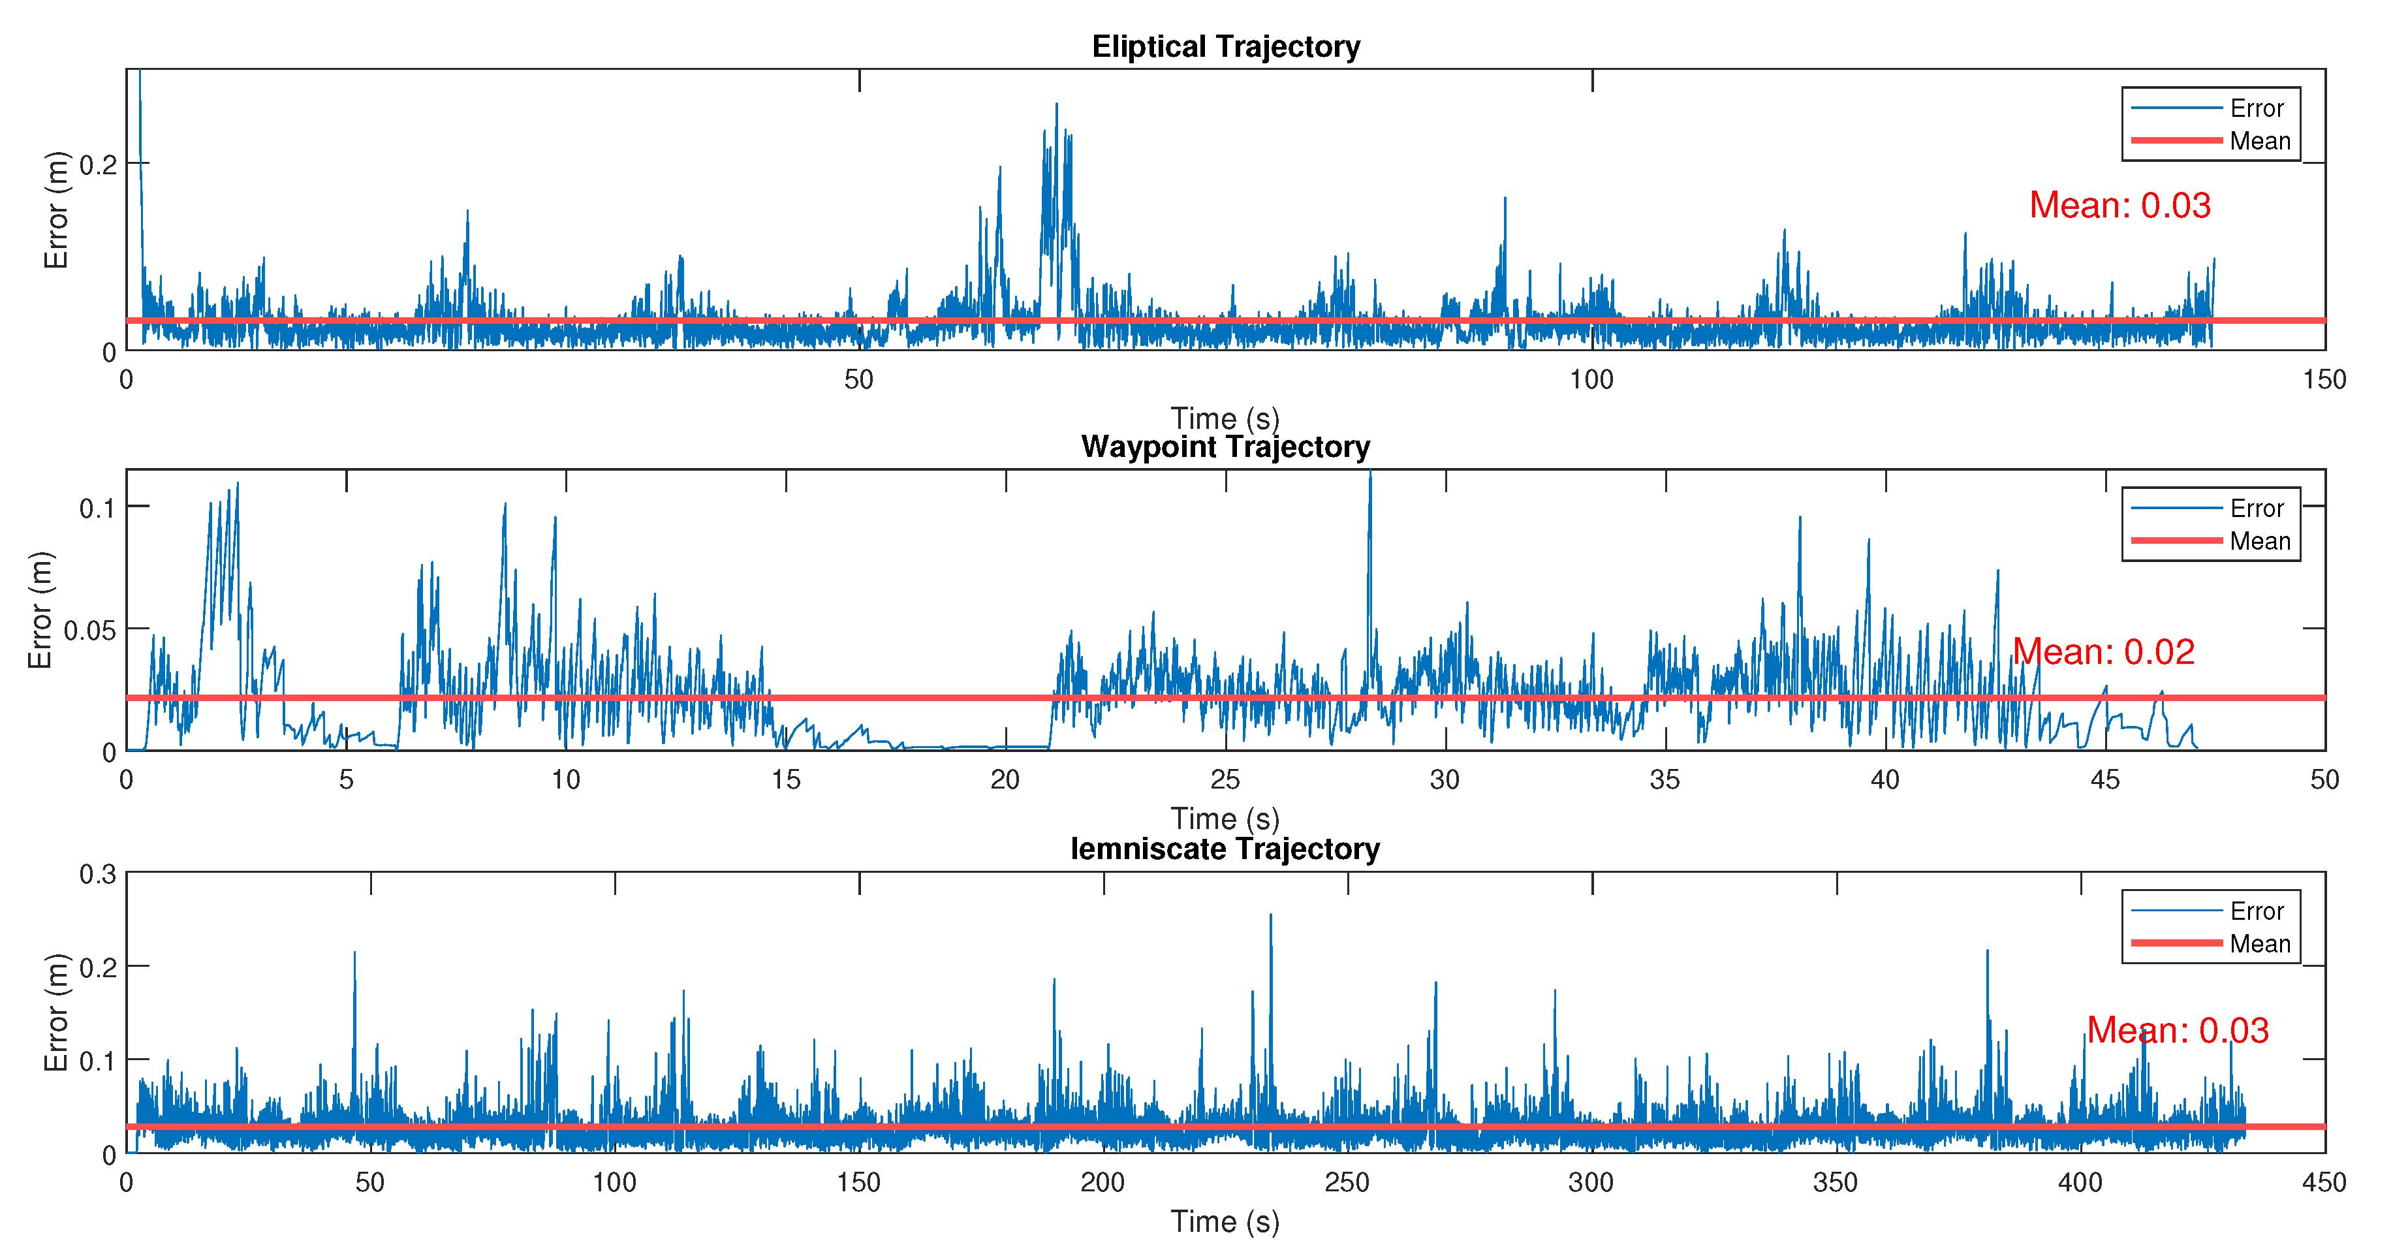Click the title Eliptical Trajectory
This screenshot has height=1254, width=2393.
[1225, 46]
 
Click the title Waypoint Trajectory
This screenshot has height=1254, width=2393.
[1225, 447]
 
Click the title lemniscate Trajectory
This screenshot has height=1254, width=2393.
[1225, 849]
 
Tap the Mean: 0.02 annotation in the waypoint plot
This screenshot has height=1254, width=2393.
[2103, 652]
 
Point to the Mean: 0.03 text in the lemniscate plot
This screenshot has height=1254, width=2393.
[2178, 1030]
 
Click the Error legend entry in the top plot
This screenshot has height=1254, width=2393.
[2255, 108]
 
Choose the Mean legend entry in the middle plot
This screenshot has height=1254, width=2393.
[2259, 542]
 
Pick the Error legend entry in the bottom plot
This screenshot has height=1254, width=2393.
[2255, 911]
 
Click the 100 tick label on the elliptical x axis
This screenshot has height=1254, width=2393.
[1591, 380]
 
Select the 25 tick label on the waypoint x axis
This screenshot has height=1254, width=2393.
[1225, 780]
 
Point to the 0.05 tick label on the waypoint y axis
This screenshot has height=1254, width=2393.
[89, 631]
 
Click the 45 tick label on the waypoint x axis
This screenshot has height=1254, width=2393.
[2104, 780]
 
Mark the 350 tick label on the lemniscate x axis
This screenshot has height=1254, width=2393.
[1836, 1182]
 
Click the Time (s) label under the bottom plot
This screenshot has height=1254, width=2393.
[1225, 1221]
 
